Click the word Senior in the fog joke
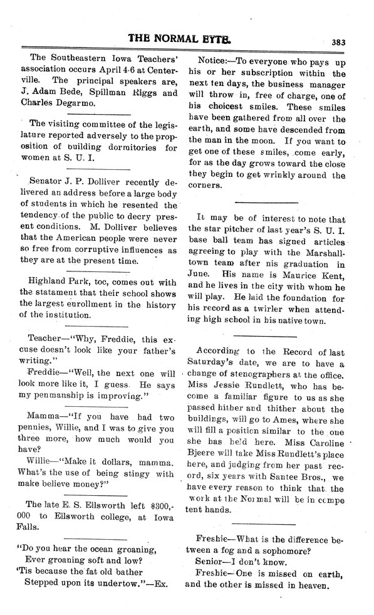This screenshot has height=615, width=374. [x=210, y=558]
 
